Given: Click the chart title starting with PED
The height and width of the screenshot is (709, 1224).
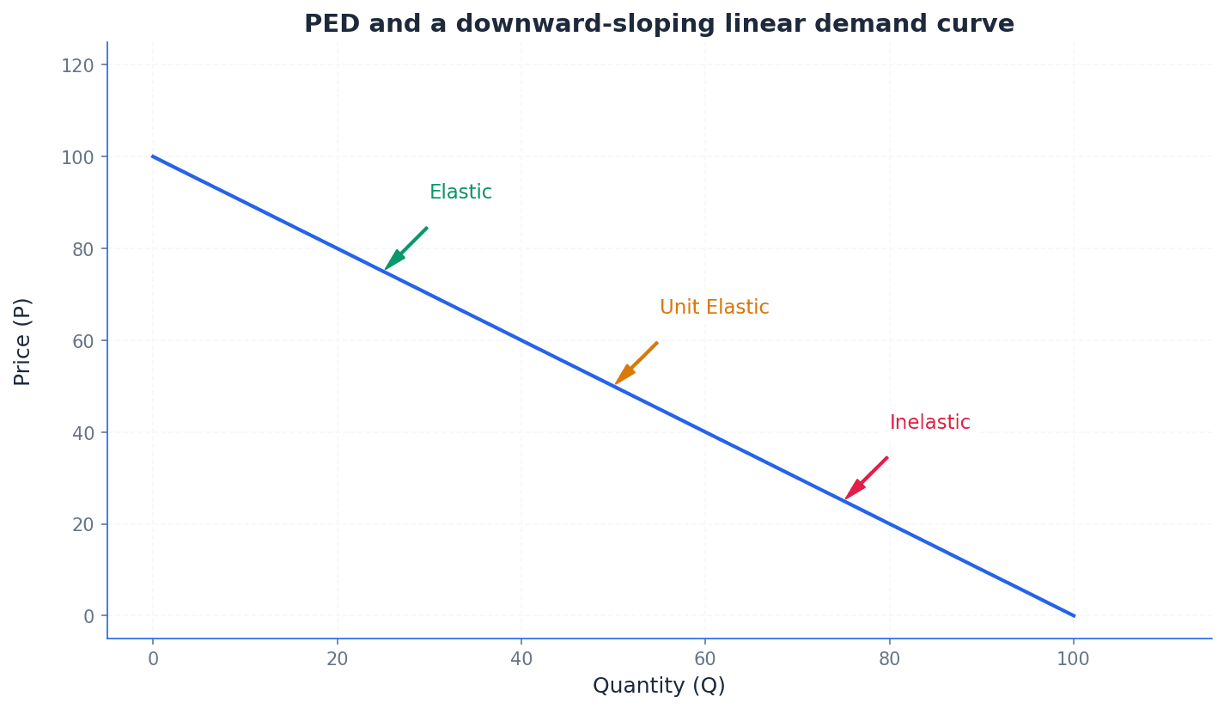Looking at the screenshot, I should (x=659, y=24).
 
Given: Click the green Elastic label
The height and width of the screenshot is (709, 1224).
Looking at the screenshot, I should (x=460, y=193).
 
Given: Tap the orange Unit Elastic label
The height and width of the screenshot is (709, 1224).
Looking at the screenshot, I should (x=714, y=308).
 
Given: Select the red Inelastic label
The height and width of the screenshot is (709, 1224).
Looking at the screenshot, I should (x=929, y=423).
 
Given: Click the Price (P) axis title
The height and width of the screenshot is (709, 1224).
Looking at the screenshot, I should (x=23, y=341).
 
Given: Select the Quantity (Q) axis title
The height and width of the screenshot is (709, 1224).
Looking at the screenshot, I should (x=659, y=686).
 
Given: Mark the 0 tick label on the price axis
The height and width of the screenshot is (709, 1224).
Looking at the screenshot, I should (x=88, y=616).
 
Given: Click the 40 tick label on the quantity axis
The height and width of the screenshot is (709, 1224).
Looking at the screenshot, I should (x=521, y=659).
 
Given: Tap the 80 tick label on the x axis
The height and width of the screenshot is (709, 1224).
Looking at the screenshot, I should (x=889, y=659).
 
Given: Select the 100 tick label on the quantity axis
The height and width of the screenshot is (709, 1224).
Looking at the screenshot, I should (x=1073, y=659).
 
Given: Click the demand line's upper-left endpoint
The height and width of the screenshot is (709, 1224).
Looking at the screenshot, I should (x=153, y=156).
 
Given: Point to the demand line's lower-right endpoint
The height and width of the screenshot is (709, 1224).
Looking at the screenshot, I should (x=1073, y=615).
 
